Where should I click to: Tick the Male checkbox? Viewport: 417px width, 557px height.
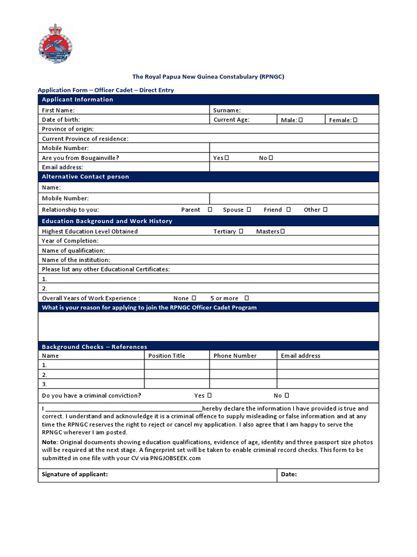pyautogui.click(x=300, y=120)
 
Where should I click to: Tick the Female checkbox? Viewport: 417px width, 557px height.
pyautogui.click(x=355, y=120)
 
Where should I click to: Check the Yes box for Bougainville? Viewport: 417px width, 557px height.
pyautogui.click(x=226, y=158)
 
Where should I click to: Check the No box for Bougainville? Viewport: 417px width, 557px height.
pyautogui.click(x=270, y=158)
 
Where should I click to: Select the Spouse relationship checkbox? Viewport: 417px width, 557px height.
pyautogui.click(x=249, y=209)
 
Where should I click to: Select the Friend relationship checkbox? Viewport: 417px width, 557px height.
pyautogui.click(x=288, y=209)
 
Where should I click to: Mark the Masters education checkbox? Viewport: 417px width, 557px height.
pyautogui.click(x=282, y=231)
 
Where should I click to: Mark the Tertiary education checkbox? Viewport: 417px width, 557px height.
pyautogui.click(x=241, y=231)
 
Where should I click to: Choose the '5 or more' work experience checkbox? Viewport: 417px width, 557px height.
pyautogui.click(x=247, y=298)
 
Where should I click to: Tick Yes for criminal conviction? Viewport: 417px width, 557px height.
pyautogui.click(x=209, y=395)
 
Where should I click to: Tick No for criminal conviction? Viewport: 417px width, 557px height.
pyautogui.click(x=287, y=395)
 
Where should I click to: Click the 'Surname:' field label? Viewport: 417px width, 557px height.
pyautogui.click(x=227, y=110)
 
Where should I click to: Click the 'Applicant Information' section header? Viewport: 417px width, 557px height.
pyautogui.click(x=78, y=100)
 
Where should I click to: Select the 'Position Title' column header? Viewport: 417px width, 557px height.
pyautogui.click(x=167, y=356)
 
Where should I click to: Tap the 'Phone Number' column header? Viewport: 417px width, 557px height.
pyautogui.click(x=235, y=356)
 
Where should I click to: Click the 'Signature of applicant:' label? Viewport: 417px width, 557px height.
pyautogui.click(x=75, y=474)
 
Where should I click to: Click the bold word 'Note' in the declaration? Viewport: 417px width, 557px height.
pyautogui.click(x=49, y=442)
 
